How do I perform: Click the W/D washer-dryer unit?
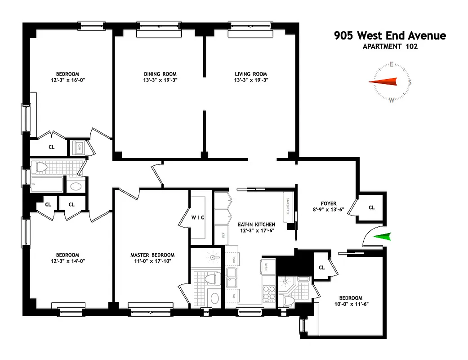click(x=78, y=147)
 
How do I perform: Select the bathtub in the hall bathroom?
click(x=48, y=184)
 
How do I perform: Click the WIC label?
click(x=198, y=217)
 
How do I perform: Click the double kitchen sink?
click(x=232, y=278)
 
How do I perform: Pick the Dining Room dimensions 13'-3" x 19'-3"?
click(x=160, y=81)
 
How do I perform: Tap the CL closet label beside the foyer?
click(x=371, y=208)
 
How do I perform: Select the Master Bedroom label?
click(x=152, y=255)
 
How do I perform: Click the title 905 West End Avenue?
click(x=390, y=36)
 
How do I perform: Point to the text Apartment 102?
click(x=390, y=46)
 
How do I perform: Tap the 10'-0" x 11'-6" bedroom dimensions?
click(x=350, y=304)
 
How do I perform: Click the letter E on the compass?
click(x=392, y=64)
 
